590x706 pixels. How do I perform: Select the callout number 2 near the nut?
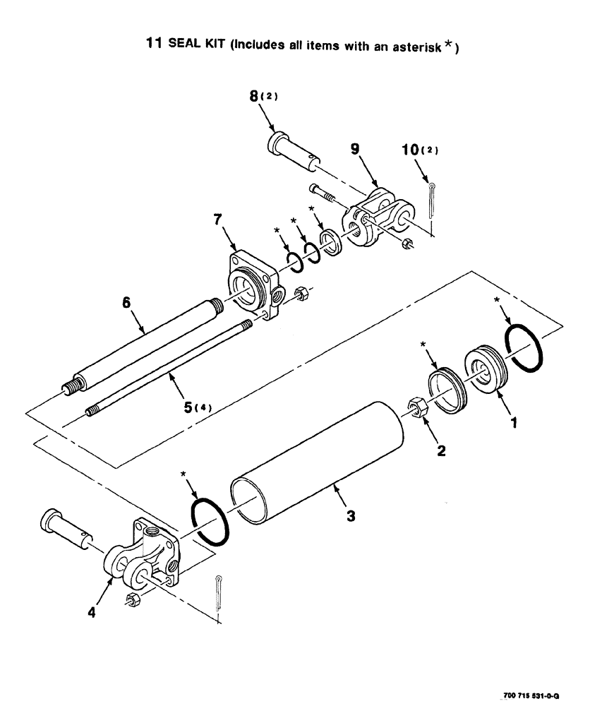441,450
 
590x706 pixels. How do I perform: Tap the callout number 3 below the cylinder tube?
351,516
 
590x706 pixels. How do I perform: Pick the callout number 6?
127,301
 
